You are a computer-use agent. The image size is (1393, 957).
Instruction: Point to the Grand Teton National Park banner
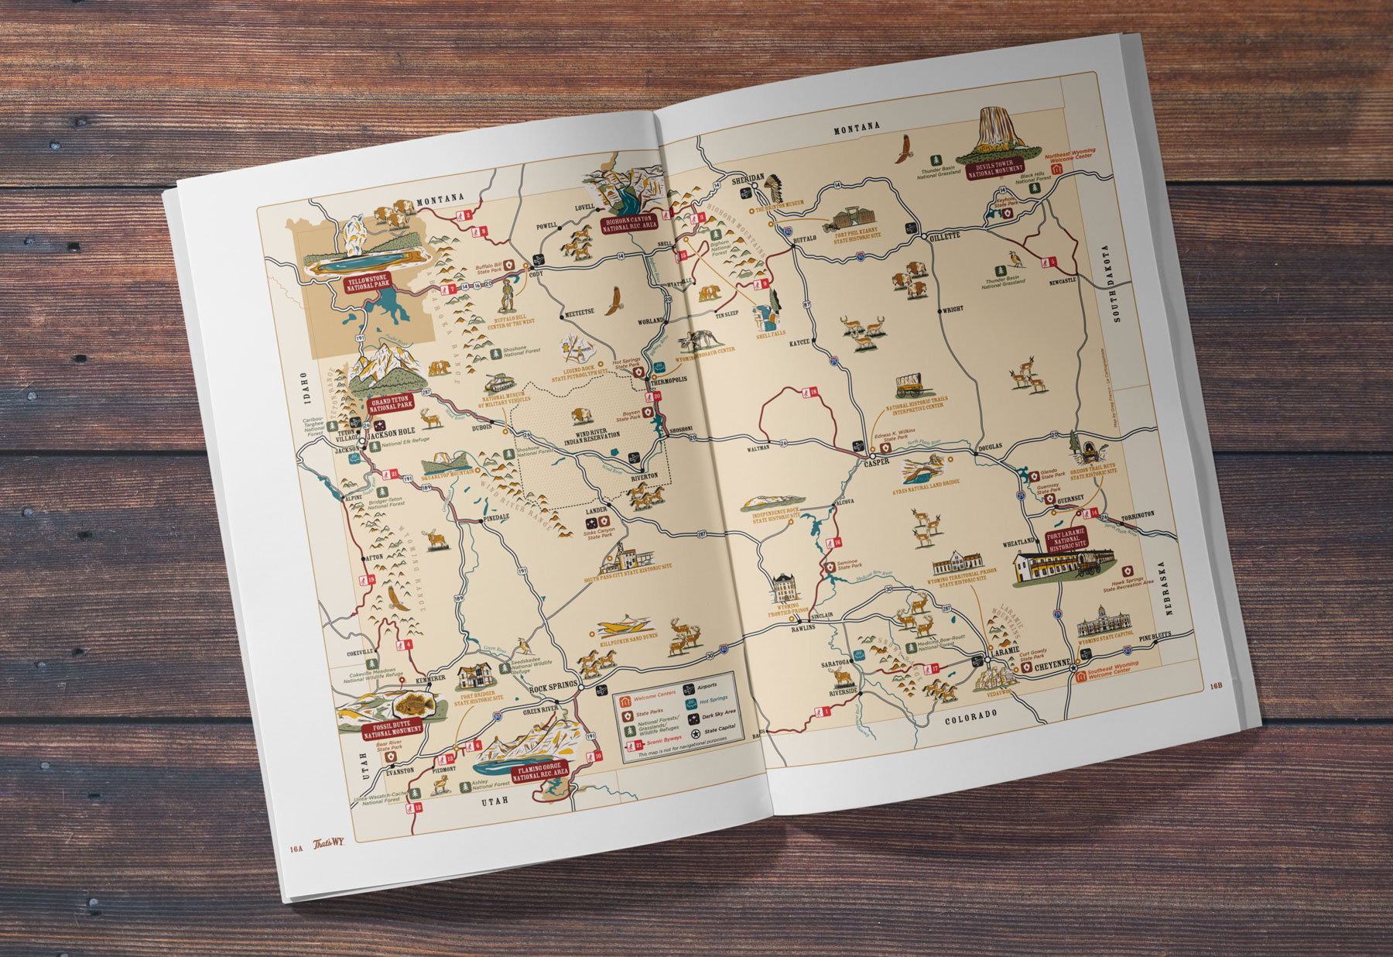tap(391, 404)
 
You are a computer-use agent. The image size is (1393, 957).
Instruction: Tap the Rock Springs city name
tap(553, 686)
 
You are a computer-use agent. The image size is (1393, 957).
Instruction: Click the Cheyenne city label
tap(1052, 664)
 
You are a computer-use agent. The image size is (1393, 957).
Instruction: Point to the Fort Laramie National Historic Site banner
tap(1066, 538)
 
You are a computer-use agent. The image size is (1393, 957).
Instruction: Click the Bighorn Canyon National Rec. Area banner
tap(630, 225)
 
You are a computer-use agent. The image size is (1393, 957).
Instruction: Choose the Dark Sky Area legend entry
tap(718, 712)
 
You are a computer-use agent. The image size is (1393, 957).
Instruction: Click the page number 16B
tap(1216, 684)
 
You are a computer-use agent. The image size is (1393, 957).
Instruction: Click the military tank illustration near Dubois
tap(495, 383)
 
